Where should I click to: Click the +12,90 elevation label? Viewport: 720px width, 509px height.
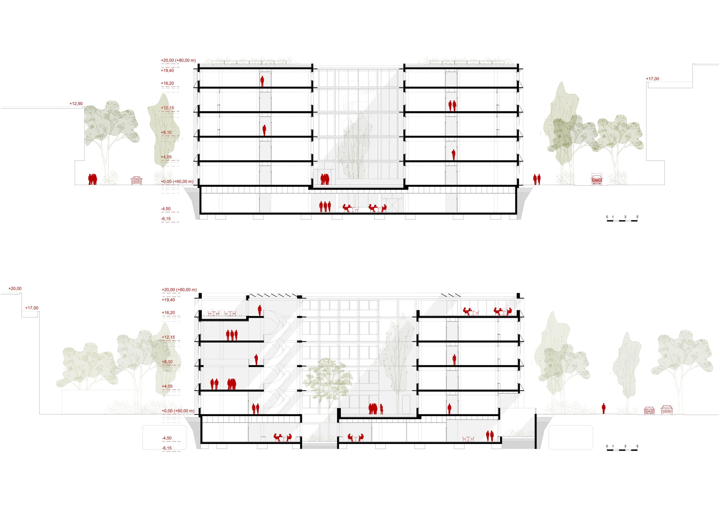point(76,104)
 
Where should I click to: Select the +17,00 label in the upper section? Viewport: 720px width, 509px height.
point(652,79)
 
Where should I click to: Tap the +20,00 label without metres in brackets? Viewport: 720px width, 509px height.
point(15,289)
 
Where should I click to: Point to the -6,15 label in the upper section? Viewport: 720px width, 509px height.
point(166,219)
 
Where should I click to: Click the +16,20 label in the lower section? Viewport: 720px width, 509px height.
point(168,313)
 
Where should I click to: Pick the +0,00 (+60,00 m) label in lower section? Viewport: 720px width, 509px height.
point(178,411)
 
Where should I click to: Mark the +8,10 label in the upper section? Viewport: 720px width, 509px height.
point(166,133)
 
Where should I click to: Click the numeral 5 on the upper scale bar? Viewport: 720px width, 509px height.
point(637,217)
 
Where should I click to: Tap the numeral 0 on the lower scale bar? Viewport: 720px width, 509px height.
point(607,446)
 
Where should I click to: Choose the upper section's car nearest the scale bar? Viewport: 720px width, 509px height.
point(597,180)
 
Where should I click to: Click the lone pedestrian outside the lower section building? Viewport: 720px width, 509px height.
point(604,409)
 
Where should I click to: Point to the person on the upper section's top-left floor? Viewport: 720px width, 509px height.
point(262,82)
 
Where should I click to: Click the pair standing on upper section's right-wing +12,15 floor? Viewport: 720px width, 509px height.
point(452,106)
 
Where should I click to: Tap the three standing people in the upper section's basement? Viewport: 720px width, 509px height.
point(325,207)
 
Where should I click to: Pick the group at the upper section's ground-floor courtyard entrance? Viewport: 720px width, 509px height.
point(325,180)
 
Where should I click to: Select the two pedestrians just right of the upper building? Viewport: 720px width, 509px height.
point(537,180)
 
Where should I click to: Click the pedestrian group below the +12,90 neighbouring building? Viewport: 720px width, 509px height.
point(93,180)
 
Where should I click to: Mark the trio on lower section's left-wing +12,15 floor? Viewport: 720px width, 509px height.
point(232,335)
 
